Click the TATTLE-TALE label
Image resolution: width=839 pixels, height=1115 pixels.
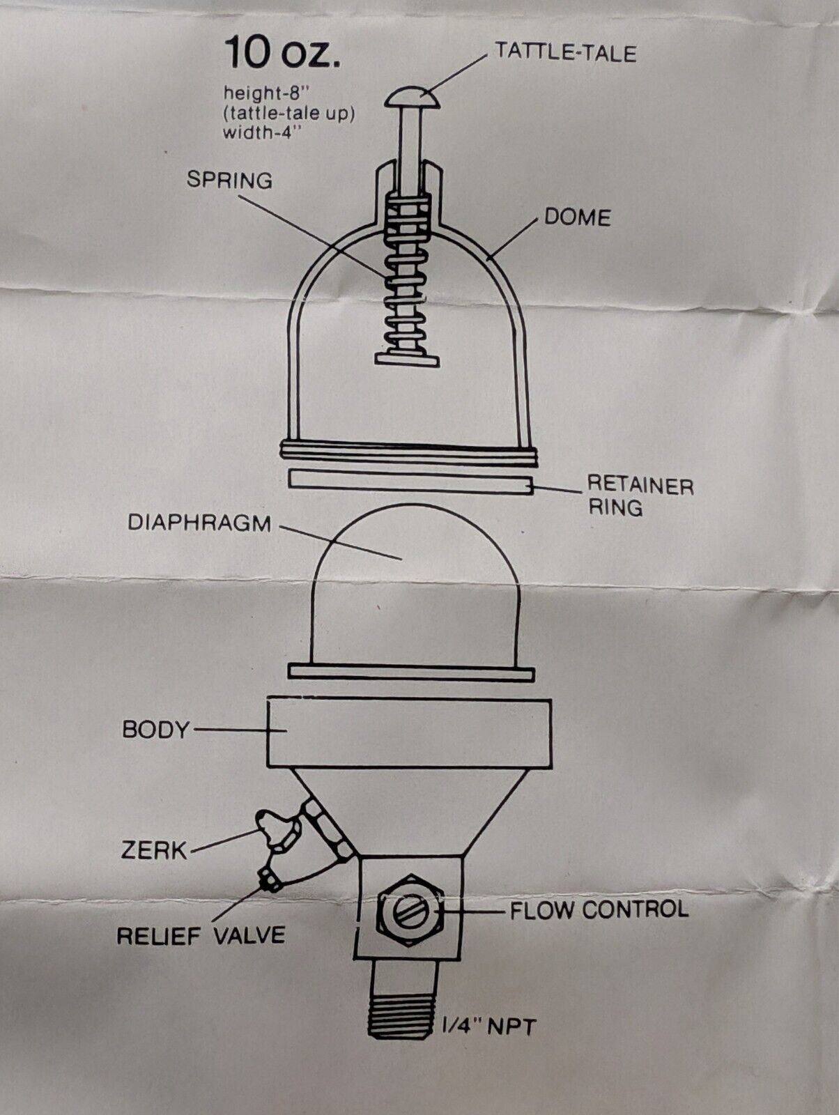(x=564, y=52)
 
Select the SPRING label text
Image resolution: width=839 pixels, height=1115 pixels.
(x=229, y=180)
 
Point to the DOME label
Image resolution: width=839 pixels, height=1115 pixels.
(x=577, y=217)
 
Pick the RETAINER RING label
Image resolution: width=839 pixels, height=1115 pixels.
(x=640, y=495)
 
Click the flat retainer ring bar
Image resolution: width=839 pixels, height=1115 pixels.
(x=410, y=482)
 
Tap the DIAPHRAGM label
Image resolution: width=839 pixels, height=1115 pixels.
(x=199, y=523)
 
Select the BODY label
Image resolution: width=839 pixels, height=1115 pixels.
(x=155, y=730)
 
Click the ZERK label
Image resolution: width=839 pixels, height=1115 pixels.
(x=154, y=850)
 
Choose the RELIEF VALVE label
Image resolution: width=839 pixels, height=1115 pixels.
(x=201, y=935)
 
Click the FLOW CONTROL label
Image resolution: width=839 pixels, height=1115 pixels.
(x=599, y=909)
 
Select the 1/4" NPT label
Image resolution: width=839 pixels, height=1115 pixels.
(x=488, y=1025)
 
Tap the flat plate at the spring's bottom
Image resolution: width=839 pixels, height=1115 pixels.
(x=407, y=359)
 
